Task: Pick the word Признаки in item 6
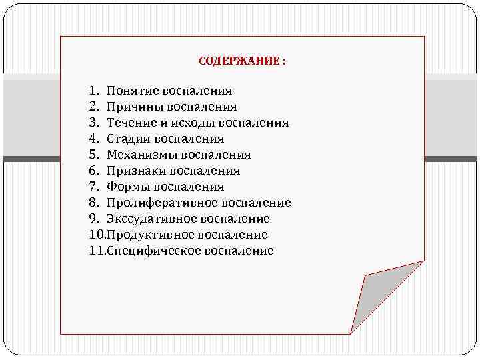click(x=133, y=171)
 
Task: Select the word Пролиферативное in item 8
click(x=155, y=203)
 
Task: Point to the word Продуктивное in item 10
click(x=144, y=235)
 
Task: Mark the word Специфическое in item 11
click(x=147, y=251)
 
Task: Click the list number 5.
click(x=93, y=155)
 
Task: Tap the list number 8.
click(x=93, y=203)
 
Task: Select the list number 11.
click(x=96, y=251)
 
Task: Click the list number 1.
click(x=93, y=91)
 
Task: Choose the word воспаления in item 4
click(x=189, y=139)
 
